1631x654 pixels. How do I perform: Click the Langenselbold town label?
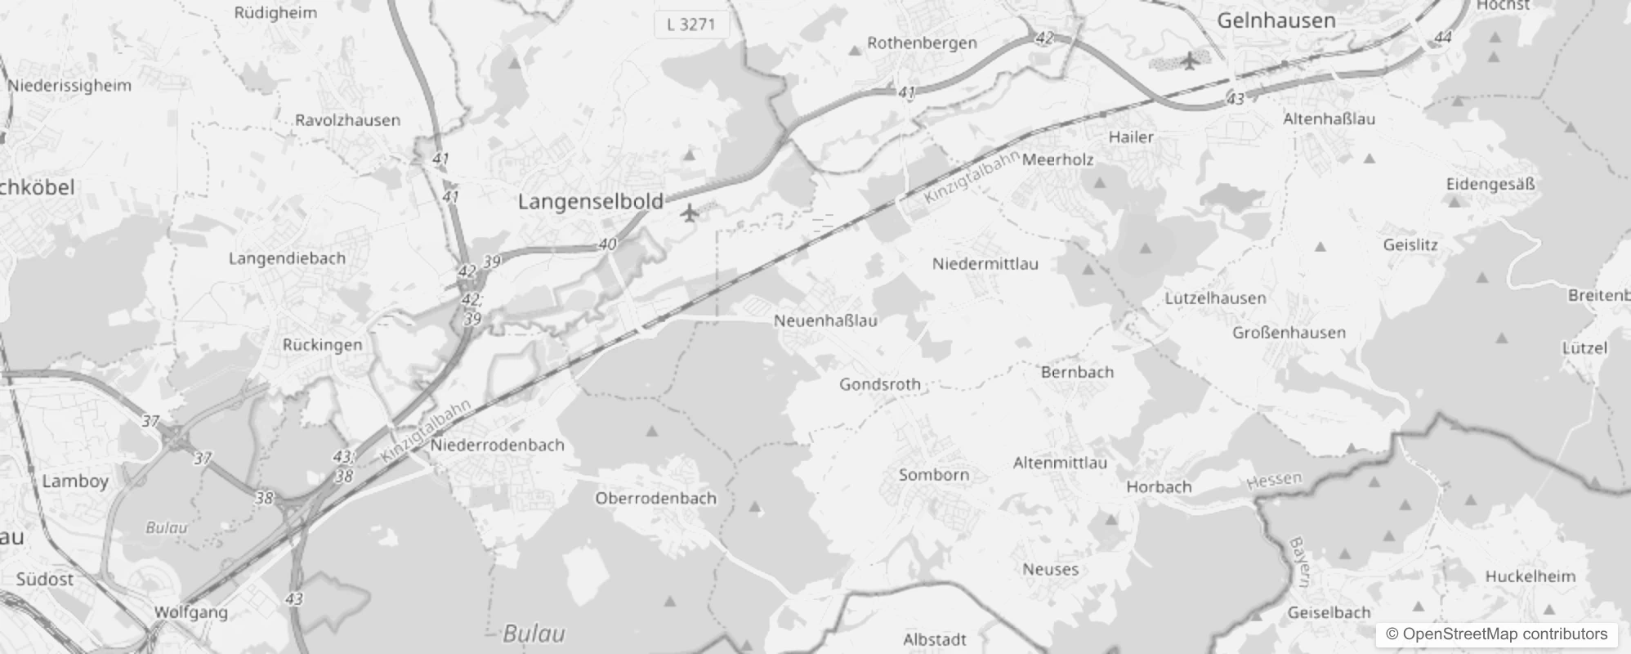(590, 202)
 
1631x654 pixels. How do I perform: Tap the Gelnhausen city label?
(1276, 21)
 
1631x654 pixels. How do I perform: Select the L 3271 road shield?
(690, 25)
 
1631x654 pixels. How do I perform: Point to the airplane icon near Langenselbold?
(690, 213)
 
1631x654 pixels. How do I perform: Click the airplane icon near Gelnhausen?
(1189, 60)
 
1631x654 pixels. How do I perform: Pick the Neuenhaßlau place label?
(825, 320)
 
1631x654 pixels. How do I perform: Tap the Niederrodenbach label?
(497, 446)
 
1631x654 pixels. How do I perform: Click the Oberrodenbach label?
(655, 498)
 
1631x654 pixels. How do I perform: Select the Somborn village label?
(933, 475)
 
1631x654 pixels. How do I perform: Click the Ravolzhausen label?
(347, 120)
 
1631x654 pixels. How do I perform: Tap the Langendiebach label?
(287, 258)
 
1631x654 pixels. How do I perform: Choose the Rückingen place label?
(322, 345)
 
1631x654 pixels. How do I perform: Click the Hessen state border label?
(1274, 481)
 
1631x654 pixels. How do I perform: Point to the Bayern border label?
(1298, 562)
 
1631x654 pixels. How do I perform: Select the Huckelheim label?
(1530, 576)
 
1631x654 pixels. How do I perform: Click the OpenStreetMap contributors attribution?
(1496, 634)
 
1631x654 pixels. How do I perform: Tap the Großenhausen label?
(1289, 333)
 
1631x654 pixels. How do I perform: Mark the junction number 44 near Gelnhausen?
(1442, 38)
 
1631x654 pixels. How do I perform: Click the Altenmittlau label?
(1060, 463)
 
